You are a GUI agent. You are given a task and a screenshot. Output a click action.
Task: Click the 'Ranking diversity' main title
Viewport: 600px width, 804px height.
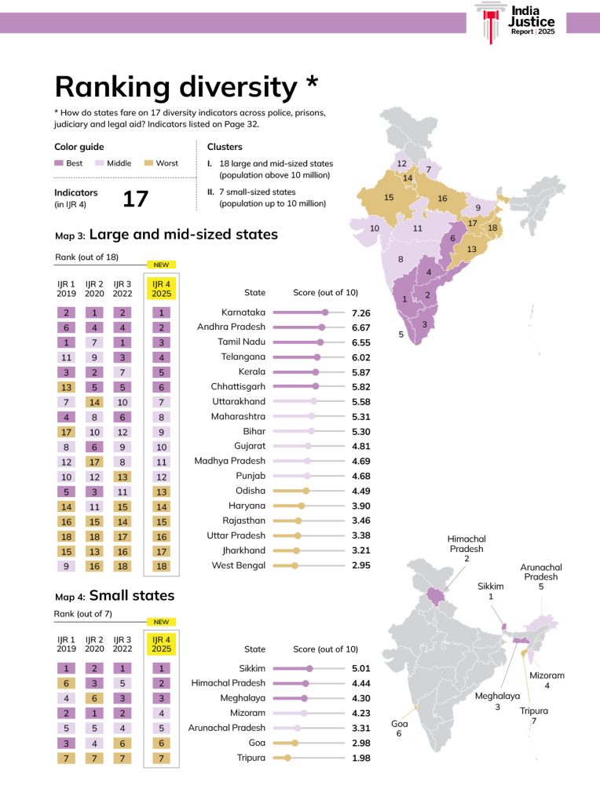point(186,86)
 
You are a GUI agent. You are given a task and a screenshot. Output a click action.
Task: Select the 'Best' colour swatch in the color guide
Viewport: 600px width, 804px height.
point(60,163)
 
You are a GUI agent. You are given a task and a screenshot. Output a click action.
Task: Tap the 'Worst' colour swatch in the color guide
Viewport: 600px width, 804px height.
point(147,163)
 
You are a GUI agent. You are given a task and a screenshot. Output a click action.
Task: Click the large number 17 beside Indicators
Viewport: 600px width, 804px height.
point(135,199)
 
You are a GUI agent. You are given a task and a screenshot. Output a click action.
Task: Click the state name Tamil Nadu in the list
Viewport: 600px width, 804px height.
point(241,342)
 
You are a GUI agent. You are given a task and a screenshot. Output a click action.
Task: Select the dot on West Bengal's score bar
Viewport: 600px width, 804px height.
point(295,565)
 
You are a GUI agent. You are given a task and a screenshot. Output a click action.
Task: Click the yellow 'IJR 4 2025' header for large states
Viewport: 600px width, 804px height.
point(161,288)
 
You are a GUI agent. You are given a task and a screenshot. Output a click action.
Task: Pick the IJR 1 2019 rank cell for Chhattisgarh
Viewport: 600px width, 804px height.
point(67,386)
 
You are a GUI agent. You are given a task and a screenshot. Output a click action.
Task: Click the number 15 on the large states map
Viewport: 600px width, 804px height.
point(389,198)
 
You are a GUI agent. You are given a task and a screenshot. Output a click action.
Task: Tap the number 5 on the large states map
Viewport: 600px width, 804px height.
point(401,334)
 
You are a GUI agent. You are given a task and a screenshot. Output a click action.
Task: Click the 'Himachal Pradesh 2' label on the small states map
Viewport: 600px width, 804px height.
point(466,548)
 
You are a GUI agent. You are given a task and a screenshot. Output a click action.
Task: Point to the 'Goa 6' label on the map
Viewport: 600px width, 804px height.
point(399,728)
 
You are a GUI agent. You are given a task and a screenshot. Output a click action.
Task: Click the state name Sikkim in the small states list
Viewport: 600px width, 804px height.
point(252,668)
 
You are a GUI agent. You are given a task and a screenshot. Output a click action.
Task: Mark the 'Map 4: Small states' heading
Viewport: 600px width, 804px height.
point(114,595)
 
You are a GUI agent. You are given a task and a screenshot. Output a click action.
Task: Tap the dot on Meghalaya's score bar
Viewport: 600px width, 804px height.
point(304,698)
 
